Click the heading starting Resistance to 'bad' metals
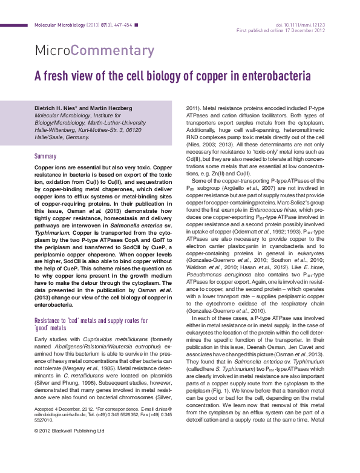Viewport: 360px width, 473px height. [x=91, y=320]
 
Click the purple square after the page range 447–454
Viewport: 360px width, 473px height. [x=136, y=25]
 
